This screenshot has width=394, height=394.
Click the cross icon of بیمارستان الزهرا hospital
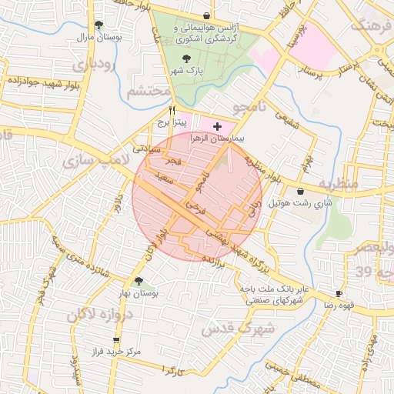pyautogui.click(x=217, y=125)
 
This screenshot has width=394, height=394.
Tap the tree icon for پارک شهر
pyautogui.click(x=185, y=58)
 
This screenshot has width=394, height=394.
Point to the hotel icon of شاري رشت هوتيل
pyautogui.click(x=300, y=191)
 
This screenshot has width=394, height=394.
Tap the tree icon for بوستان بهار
pyautogui.click(x=139, y=281)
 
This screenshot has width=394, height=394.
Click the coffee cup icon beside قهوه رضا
pyautogui.click(x=339, y=294)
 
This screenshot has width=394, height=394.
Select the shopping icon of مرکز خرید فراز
pyautogui.click(x=116, y=339)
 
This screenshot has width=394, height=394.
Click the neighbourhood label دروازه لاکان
pyautogui.click(x=101, y=315)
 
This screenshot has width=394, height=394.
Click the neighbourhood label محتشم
pyautogui.click(x=146, y=92)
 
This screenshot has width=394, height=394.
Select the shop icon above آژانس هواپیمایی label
pyautogui.click(x=206, y=15)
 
